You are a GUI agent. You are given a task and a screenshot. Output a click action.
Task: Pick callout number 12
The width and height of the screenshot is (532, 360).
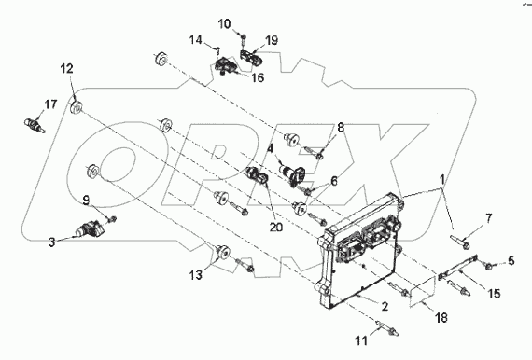tap(67, 69)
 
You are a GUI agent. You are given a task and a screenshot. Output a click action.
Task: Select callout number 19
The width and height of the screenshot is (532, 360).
tap(272, 40)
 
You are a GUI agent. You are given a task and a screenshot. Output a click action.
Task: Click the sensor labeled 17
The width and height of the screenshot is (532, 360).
tap(35, 121)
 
